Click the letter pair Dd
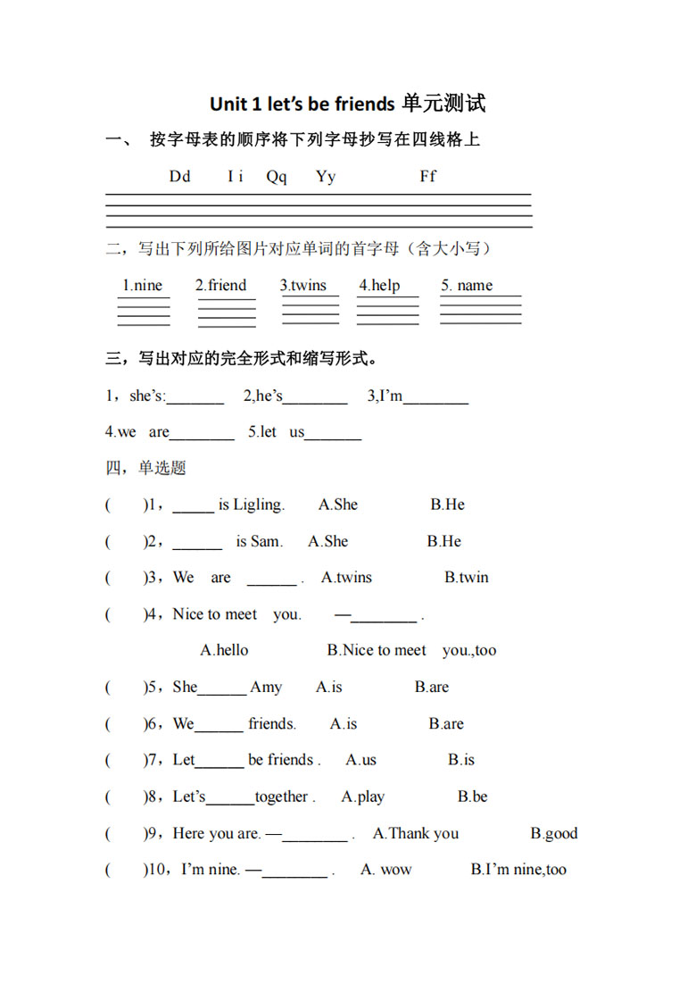180,177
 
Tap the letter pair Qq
277,177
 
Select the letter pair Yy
326,177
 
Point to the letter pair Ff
428,177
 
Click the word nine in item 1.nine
148,286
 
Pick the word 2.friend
221,286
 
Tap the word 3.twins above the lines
303,286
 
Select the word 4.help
379,286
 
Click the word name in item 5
475,286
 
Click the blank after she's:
195,398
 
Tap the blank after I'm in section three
435,398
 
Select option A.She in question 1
338,505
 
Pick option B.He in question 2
444,542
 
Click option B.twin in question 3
467,578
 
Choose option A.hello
225,651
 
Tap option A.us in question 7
361,761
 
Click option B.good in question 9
554,834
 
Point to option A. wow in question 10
386,871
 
